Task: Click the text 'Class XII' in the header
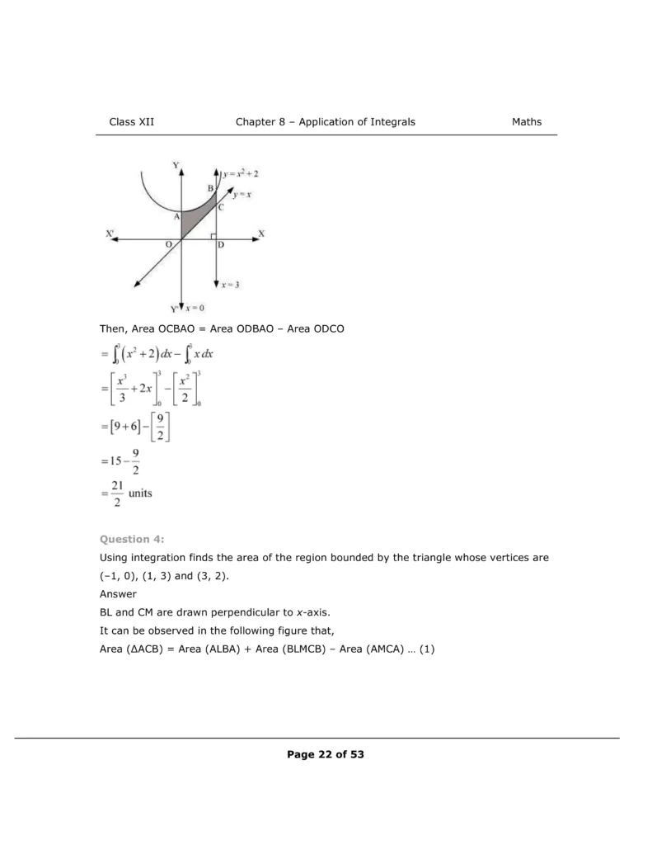(x=132, y=122)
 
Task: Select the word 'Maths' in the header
(x=527, y=122)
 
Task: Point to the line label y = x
(x=242, y=195)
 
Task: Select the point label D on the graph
(x=221, y=245)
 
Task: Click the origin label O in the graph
(x=169, y=245)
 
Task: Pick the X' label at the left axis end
(x=110, y=234)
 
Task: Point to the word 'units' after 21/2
(x=140, y=493)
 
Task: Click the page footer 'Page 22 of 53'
(x=326, y=754)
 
